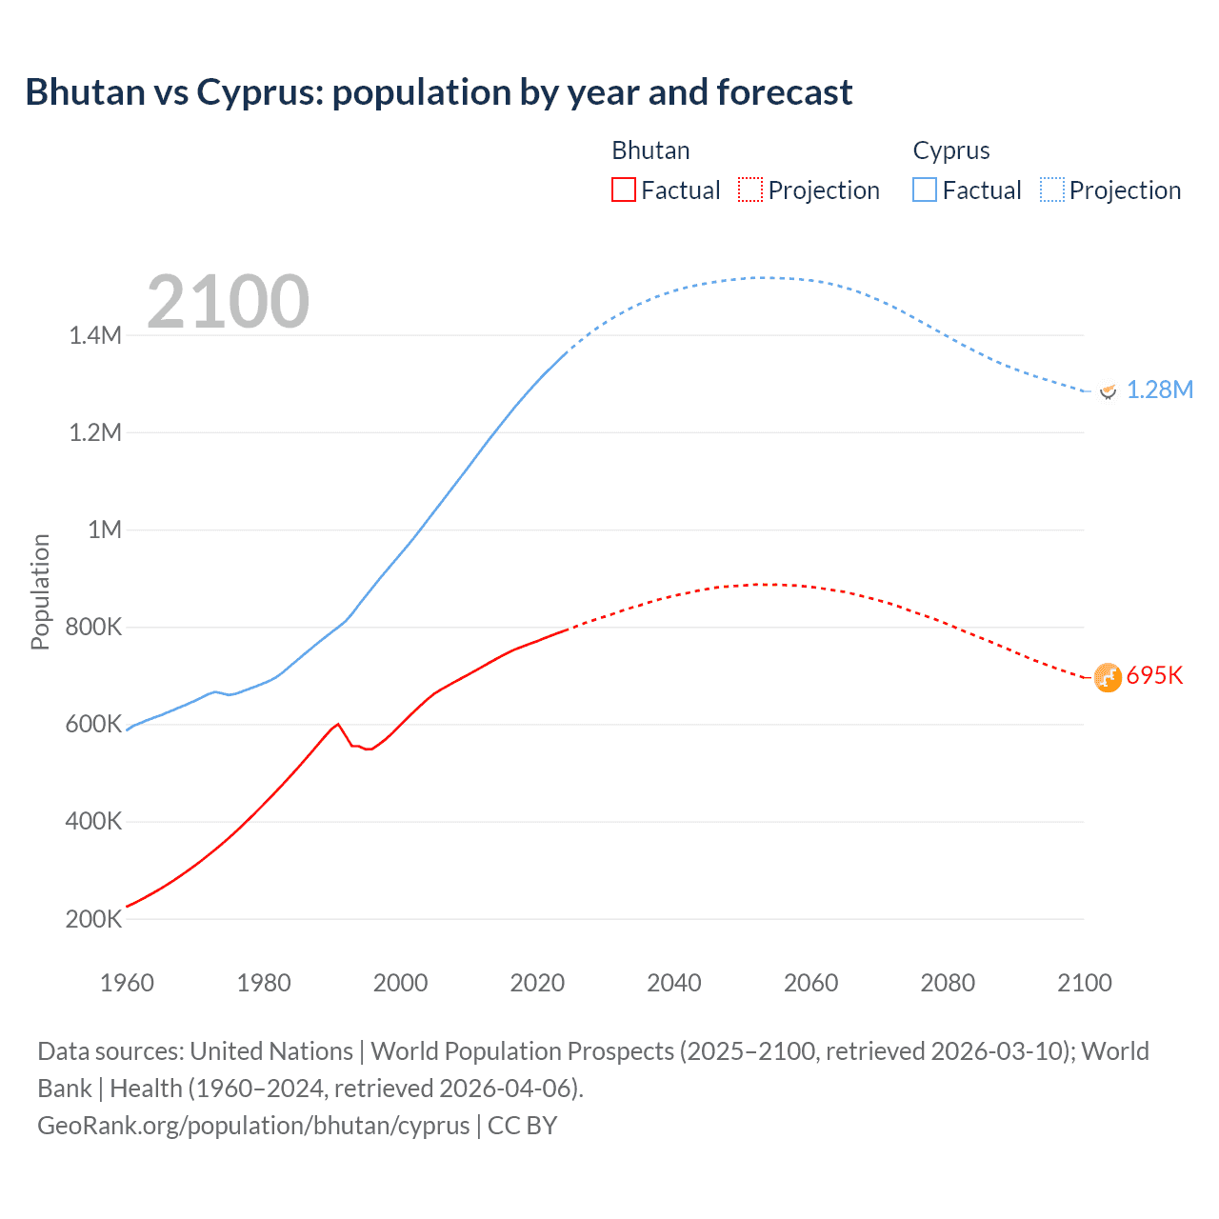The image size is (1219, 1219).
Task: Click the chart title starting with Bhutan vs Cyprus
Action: click(438, 92)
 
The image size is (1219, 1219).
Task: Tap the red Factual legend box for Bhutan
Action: click(623, 190)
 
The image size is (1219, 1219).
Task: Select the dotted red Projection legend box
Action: click(750, 190)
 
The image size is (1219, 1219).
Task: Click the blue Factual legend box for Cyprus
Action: click(925, 190)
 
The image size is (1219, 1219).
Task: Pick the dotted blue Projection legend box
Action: click(1052, 190)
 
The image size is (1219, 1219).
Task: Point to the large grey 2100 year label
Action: click(229, 302)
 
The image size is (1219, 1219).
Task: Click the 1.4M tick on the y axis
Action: click(95, 335)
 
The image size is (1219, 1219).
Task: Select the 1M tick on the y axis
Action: click(105, 530)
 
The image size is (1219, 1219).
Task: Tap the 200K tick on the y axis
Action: click(93, 919)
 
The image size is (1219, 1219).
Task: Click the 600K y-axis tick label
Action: click(93, 725)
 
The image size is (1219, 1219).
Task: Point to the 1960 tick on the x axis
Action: click(127, 983)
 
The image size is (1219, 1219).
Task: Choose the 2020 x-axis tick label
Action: click(537, 983)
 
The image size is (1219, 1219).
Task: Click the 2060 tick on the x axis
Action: click(810, 983)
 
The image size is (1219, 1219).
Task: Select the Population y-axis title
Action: click(40, 591)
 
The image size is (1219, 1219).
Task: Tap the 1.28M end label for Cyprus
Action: click(1159, 390)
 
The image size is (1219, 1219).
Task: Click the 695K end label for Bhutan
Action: click(1154, 675)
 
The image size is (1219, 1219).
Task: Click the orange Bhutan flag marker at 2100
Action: click(1108, 677)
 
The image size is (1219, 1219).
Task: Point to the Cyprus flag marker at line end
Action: click(1108, 390)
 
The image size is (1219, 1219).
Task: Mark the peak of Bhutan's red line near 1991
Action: click(338, 724)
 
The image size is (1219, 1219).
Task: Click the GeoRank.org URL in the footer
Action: click(253, 1126)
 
